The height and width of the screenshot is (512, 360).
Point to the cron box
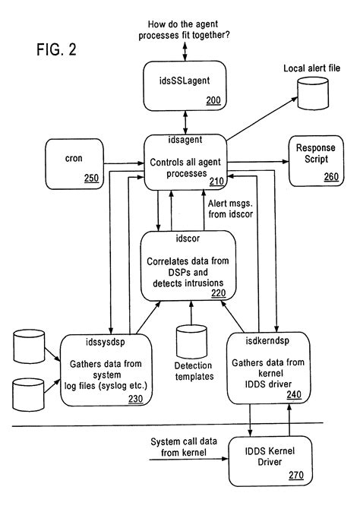(x=74, y=163)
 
